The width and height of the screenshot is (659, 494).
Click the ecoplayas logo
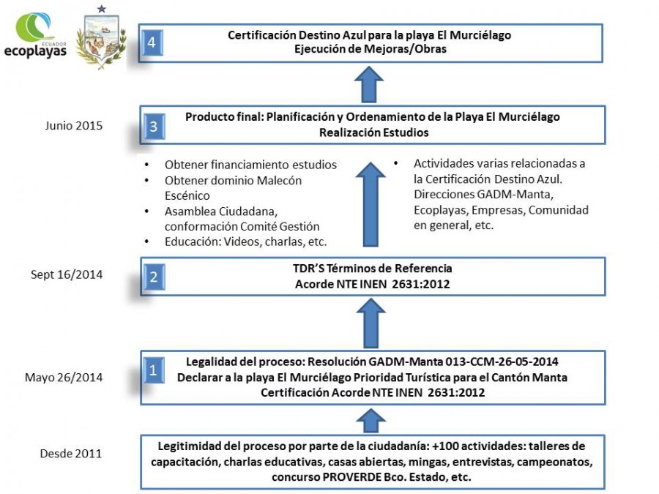click(35, 35)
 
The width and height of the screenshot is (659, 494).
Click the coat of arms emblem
click(101, 38)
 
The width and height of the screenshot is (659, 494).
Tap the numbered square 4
click(152, 42)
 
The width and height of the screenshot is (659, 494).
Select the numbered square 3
click(154, 126)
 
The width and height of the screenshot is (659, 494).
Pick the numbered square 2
click(154, 277)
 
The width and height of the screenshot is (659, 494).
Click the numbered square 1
click(154, 370)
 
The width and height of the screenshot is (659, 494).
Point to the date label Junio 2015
click(73, 126)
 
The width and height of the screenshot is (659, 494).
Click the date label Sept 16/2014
click(67, 274)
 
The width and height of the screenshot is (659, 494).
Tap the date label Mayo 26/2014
click(64, 377)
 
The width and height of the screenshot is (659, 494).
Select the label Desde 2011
click(70, 454)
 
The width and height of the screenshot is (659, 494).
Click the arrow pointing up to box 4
click(369, 84)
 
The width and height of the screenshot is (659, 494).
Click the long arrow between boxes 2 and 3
click(371, 204)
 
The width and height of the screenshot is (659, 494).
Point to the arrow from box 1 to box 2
click(371, 323)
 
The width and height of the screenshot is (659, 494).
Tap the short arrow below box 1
click(371, 421)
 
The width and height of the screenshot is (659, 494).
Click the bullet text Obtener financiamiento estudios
click(250, 165)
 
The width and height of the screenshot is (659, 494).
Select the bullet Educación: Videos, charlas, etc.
click(245, 242)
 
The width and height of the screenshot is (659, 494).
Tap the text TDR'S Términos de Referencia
click(373, 268)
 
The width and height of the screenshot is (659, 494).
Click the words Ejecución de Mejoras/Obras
click(371, 49)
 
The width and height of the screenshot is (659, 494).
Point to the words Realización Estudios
click(374, 132)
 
